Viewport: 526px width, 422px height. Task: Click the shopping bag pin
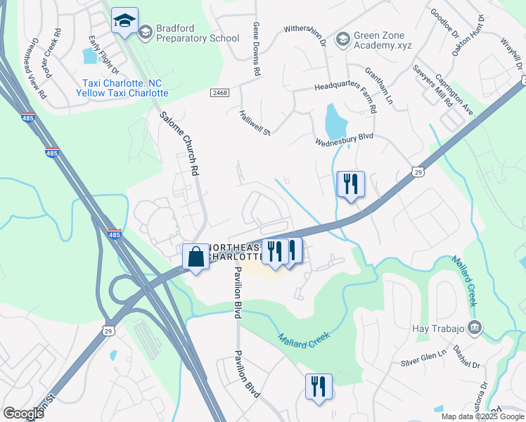coord(195,257)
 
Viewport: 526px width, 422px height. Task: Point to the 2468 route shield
coord(219,92)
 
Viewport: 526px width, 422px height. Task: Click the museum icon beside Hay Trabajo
coord(475,328)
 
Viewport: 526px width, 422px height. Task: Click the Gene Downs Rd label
coord(257,48)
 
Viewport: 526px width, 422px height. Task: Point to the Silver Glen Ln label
coord(423,359)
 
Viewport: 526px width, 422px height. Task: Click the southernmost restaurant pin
coord(319,388)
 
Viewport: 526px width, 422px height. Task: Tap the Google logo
coord(23,413)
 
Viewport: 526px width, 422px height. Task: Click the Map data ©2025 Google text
coord(482,416)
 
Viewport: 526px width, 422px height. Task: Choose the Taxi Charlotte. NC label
coord(122,82)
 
